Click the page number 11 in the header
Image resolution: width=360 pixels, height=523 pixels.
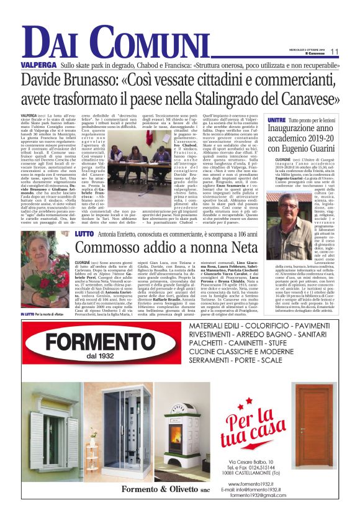coord(334,52)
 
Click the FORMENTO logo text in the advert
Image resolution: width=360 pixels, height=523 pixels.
coord(110,340)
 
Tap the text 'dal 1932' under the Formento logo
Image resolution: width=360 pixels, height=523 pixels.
coord(111,357)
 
